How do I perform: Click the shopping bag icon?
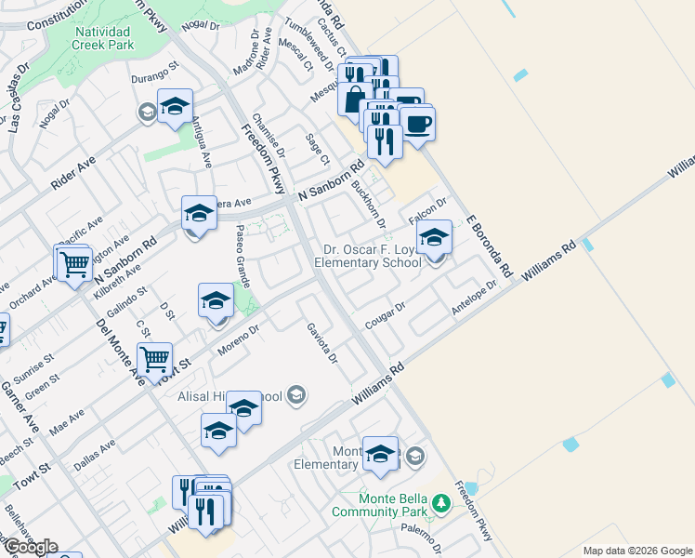355,99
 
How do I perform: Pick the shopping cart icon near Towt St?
154,358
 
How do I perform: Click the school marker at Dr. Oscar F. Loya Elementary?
434,238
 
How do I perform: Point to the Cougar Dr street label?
387,311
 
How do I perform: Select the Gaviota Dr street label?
322,342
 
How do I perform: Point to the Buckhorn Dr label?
368,206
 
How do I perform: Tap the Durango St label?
153,76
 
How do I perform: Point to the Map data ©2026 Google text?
637,551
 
